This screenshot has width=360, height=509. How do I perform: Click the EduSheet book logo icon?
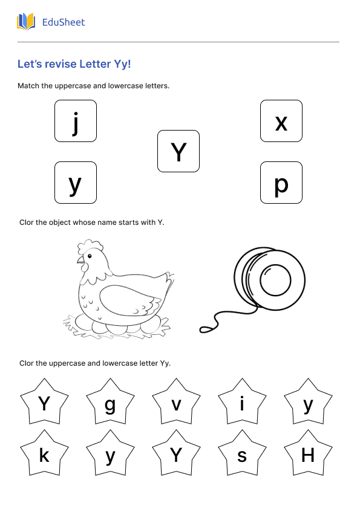(26, 22)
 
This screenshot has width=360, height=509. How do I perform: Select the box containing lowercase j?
(76, 121)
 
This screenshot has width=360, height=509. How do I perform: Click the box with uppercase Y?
(178, 151)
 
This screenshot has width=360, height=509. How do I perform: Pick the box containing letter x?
(281, 121)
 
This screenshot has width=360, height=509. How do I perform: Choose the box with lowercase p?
(281, 183)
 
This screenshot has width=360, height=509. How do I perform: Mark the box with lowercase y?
(76, 183)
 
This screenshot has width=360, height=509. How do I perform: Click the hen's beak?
(79, 261)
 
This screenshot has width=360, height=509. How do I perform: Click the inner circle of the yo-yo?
(276, 281)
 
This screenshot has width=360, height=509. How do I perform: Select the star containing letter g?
(110, 404)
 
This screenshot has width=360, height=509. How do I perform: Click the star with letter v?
(176, 404)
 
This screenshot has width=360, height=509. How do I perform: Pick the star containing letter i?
(242, 404)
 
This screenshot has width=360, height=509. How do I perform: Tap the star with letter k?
(44, 455)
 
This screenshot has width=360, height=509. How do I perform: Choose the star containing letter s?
(242, 455)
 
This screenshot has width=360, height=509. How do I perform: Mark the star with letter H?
(308, 455)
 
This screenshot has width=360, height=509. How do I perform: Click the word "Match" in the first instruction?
(28, 86)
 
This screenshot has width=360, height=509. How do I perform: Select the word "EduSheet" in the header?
(64, 22)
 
